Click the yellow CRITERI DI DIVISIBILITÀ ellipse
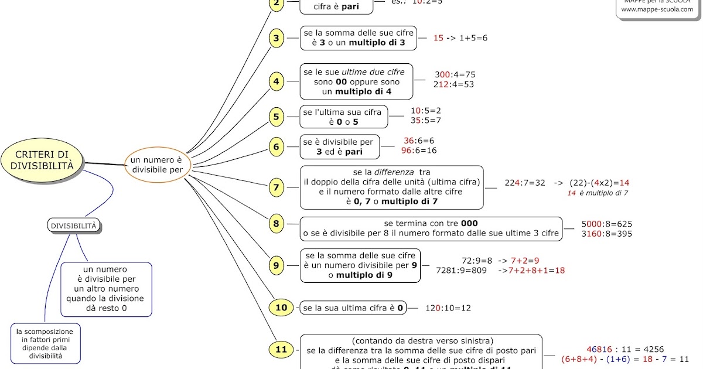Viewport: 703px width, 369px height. tap(42, 159)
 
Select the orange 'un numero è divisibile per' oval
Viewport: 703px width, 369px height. tap(156, 165)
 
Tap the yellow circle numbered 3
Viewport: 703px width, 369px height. tap(277, 39)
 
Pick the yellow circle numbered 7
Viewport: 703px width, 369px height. tap(277, 187)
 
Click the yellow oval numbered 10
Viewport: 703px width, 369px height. tap(281, 307)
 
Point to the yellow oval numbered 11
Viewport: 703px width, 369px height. tap(281, 350)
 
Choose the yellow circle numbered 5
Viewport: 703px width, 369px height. tap(277, 117)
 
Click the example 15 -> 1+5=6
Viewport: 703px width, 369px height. tap(460, 38)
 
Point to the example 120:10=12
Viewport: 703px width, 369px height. tap(448, 307)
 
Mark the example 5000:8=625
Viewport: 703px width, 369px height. tap(606, 224)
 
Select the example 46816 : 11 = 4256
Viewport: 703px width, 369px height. tap(625, 349)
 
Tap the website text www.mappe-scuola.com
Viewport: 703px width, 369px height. tap(657, 9)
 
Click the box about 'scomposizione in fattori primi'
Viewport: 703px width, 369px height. tap(46, 343)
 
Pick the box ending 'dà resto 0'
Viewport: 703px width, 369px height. tap(106, 289)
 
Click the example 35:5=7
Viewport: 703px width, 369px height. tap(425, 120)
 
